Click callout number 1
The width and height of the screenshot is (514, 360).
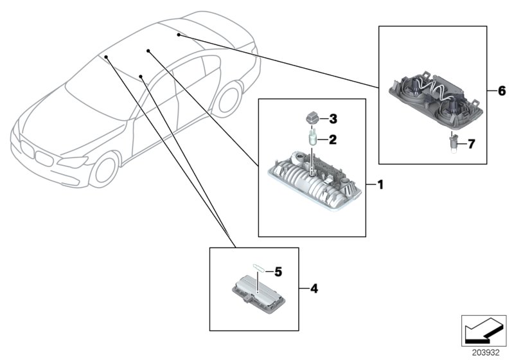tap(380, 185)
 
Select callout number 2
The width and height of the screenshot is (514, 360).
tap(333, 139)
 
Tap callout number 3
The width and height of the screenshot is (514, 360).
tap(333, 119)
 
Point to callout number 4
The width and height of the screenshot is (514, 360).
tap(314, 289)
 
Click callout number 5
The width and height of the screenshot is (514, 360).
tap(278, 272)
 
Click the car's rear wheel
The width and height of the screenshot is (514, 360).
tap(225, 102)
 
